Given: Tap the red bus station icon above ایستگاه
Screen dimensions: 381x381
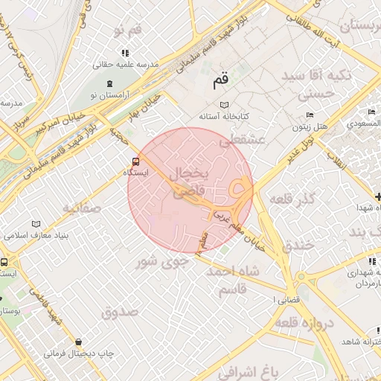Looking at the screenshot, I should [135, 161].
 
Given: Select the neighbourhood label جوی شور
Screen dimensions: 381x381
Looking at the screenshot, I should [157, 261].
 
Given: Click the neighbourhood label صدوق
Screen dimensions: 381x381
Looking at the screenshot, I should [120, 312].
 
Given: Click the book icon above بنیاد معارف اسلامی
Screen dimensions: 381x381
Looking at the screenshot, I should [36, 224].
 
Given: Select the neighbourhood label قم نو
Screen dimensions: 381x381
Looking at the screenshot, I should [126, 31].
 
